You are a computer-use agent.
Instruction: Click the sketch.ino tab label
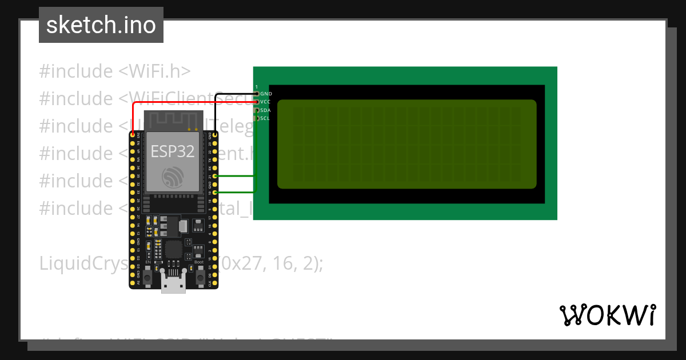[x=101, y=25]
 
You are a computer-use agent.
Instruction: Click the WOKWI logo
[x=607, y=315]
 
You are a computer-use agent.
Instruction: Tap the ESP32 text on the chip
[x=172, y=151]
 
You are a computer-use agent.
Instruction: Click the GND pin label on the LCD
[x=266, y=93]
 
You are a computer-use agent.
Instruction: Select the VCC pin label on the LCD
[x=265, y=102]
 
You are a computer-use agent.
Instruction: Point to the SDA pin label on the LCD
[x=265, y=110]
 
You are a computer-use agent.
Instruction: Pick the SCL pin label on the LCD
[x=265, y=118]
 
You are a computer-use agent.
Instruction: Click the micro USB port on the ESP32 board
[x=173, y=283]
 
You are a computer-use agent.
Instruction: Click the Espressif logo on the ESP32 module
[x=172, y=177]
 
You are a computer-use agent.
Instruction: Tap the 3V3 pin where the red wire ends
[x=133, y=135]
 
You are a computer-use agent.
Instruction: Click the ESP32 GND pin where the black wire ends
[x=215, y=135]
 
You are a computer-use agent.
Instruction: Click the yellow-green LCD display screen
[x=406, y=144]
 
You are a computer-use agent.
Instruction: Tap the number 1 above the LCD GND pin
[x=257, y=87]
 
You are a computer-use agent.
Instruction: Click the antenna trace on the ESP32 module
[x=172, y=121]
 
